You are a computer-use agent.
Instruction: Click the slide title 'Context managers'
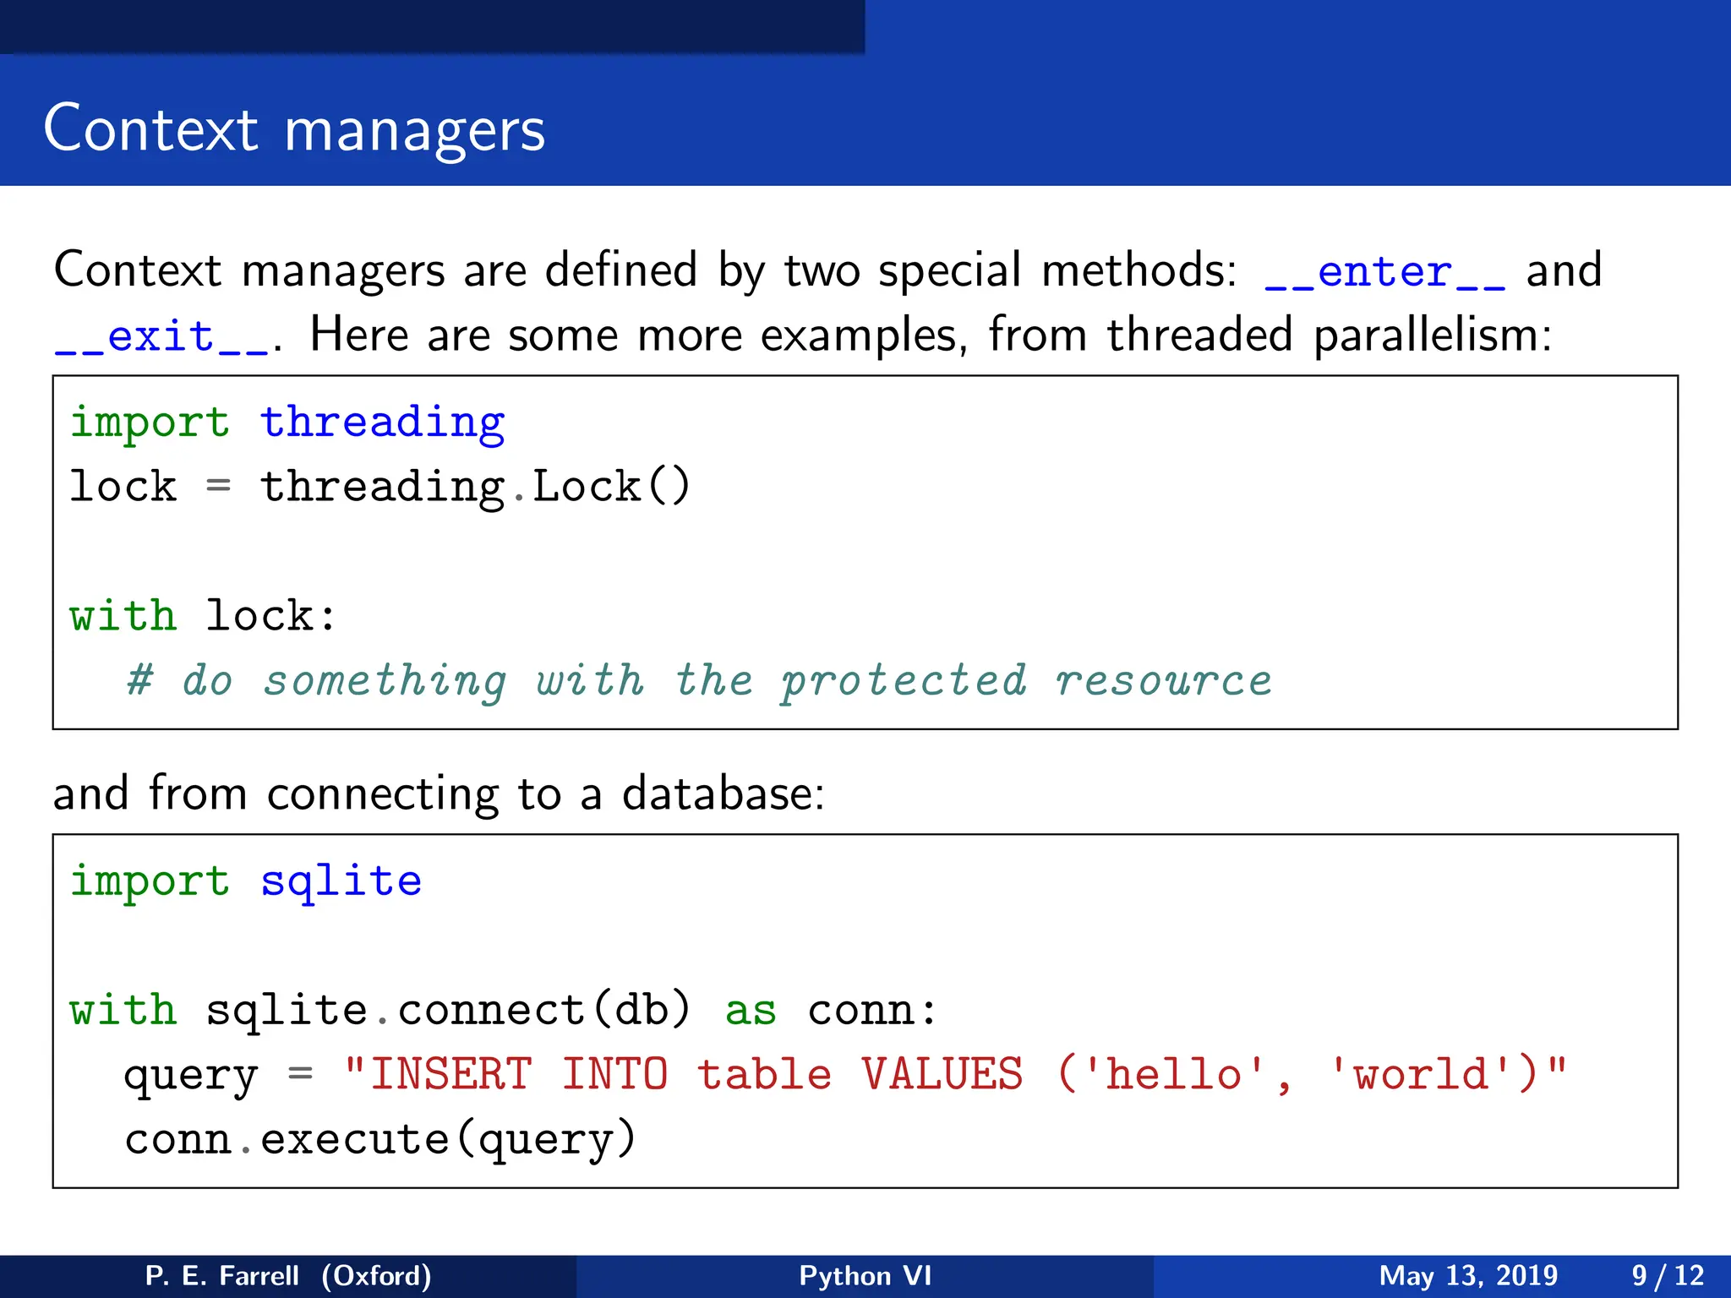(x=294, y=130)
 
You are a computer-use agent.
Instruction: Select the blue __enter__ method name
(x=1384, y=272)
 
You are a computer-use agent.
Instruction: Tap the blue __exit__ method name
(x=161, y=337)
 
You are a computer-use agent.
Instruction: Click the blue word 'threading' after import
(x=382, y=423)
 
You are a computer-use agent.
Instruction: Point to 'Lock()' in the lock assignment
(x=611, y=487)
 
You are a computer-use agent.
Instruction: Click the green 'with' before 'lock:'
(x=123, y=615)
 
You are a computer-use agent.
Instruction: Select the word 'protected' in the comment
(x=903, y=681)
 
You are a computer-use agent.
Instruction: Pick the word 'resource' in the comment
(x=1163, y=681)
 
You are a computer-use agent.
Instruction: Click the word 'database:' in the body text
(x=723, y=794)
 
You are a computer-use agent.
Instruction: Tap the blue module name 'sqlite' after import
(x=341, y=881)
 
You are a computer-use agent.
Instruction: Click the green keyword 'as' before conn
(x=751, y=1011)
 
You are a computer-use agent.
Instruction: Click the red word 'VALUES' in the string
(x=942, y=1075)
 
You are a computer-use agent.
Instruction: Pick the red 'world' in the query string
(x=1420, y=1075)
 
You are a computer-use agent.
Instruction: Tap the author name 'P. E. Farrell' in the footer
(x=221, y=1275)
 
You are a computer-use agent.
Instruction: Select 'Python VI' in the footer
(x=865, y=1275)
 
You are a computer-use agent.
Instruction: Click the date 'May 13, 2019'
(x=1468, y=1275)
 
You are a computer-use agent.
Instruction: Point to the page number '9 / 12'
(x=1668, y=1275)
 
